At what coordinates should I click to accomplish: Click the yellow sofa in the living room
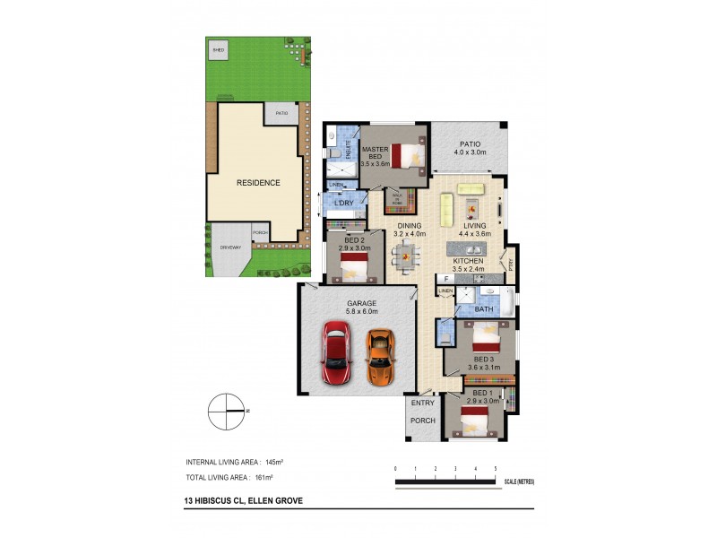tap(470, 188)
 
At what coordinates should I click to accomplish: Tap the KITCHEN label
tap(467, 262)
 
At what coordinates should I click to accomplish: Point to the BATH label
tap(484, 309)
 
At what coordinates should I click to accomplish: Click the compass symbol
tap(228, 411)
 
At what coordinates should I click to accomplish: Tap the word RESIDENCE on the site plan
tap(257, 183)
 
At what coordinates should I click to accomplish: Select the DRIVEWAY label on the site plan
tap(231, 247)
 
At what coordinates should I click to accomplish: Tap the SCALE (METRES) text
tap(519, 482)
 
